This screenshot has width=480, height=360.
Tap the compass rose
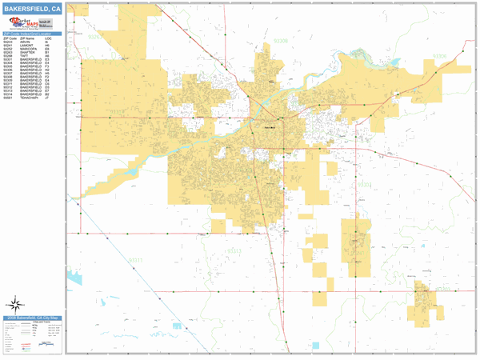point(14,304)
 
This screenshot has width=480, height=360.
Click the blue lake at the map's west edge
point(75,278)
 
